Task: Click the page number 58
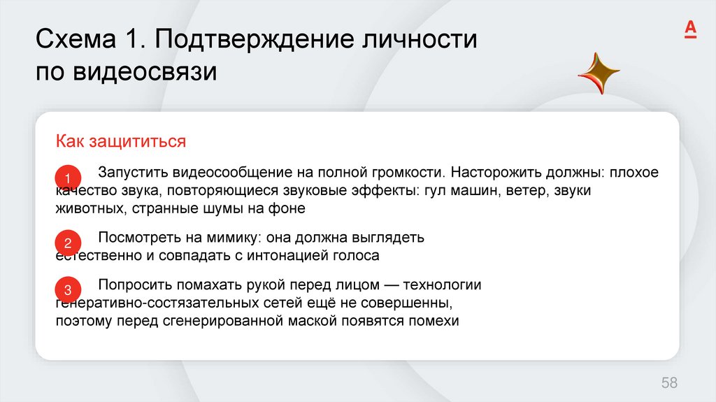pos(669,382)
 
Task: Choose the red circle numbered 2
pos(68,243)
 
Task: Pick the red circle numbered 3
pos(68,289)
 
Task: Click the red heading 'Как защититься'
pos(121,142)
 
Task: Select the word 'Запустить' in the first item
pos(134,172)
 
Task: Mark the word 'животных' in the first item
pos(89,208)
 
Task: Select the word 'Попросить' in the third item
pos(134,285)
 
